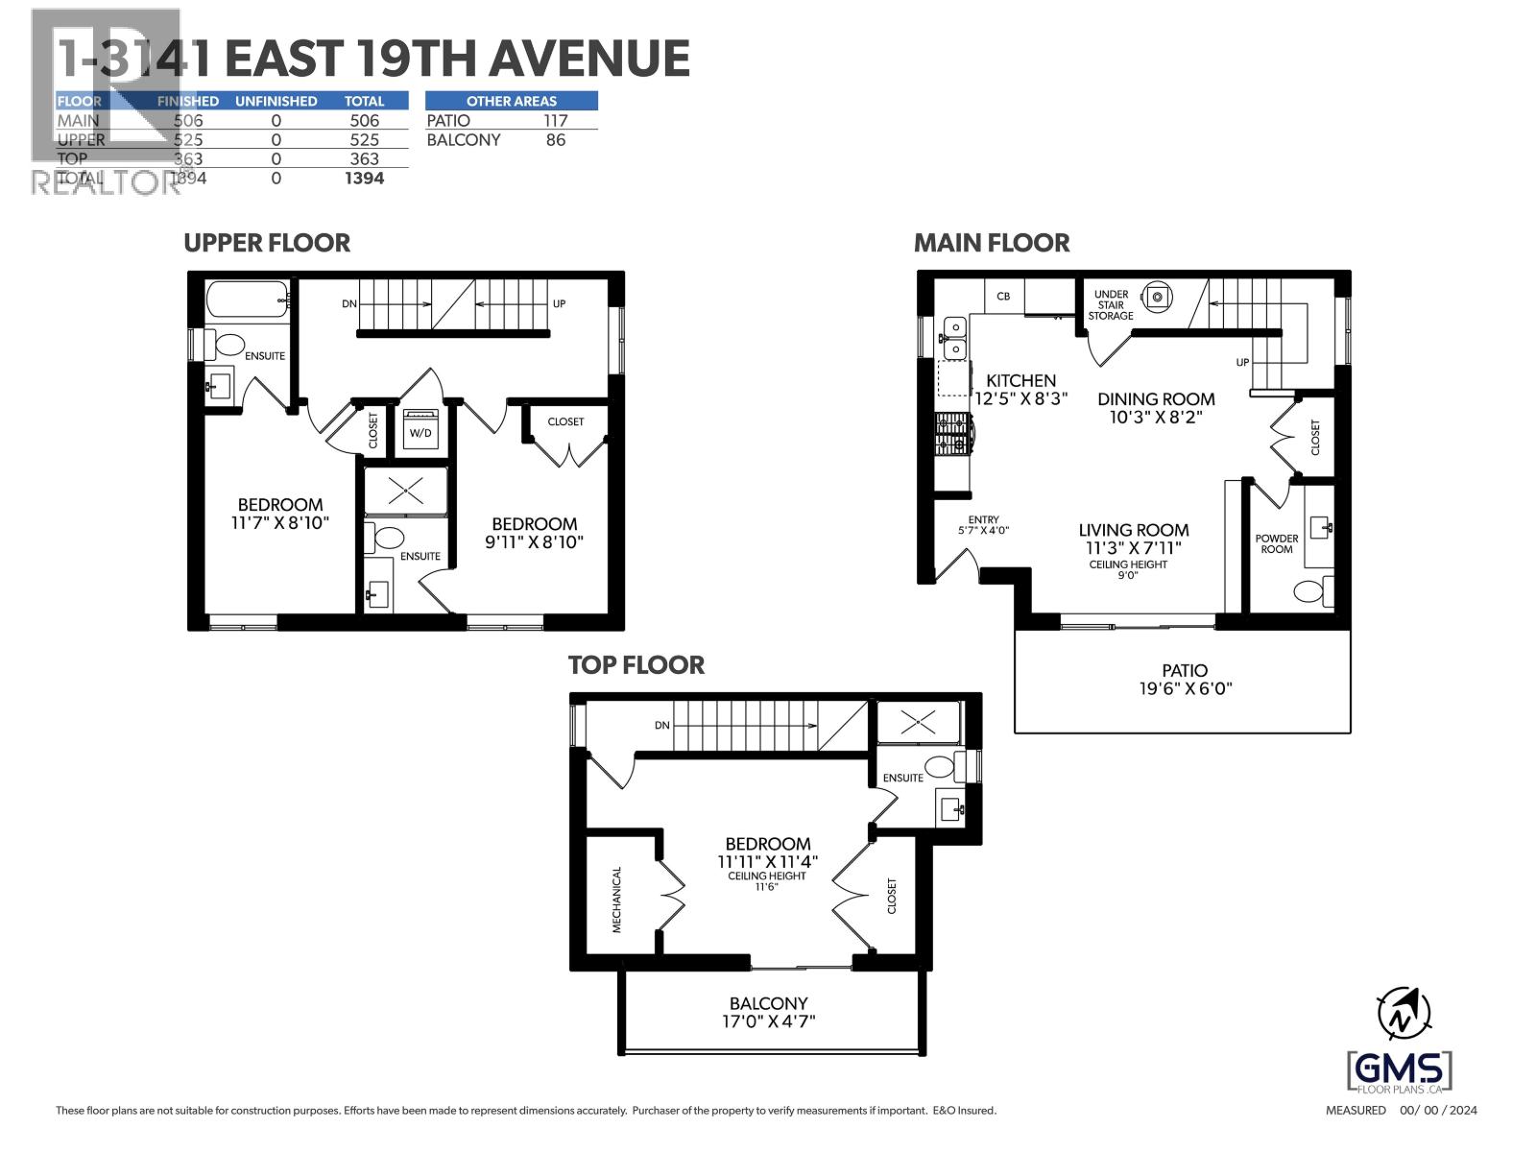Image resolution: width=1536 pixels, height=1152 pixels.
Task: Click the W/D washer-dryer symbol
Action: click(x=420, y=429)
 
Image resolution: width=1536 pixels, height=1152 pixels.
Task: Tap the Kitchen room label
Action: click(x=1020, y=380)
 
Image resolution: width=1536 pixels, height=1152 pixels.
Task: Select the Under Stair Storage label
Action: click(x=1111, y=305)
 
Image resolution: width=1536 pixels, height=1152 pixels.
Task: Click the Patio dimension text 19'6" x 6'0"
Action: click(x=1184, y=688)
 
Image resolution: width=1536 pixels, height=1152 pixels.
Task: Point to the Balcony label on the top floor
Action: click(x=768, y=1002)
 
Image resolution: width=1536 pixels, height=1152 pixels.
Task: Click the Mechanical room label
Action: click(x=617, y=900)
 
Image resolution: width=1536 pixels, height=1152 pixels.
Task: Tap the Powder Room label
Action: click(x=1276, y=543)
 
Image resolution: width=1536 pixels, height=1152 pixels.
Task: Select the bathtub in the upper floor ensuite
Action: click(x=247, y=300)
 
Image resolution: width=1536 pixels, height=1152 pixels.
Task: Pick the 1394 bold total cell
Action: click(x=364, y=179)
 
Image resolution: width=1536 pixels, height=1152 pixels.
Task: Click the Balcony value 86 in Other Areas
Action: click(x=555, y=140)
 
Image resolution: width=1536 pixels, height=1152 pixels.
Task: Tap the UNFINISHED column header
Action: click(x=276, y=101)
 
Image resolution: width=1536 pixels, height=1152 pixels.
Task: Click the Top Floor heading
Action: click(x=636, y=665)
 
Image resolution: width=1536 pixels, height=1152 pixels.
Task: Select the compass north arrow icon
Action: click(x=1403, y=1014)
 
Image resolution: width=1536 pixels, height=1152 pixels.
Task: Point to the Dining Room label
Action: click(x=1156, y=398)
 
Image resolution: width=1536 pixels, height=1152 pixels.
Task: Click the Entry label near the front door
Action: click(x=983, y=519)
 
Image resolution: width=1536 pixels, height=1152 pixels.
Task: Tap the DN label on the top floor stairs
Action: click(x=661, y=725)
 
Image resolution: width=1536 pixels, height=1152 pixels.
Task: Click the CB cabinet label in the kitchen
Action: click(x=1003, y=297)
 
